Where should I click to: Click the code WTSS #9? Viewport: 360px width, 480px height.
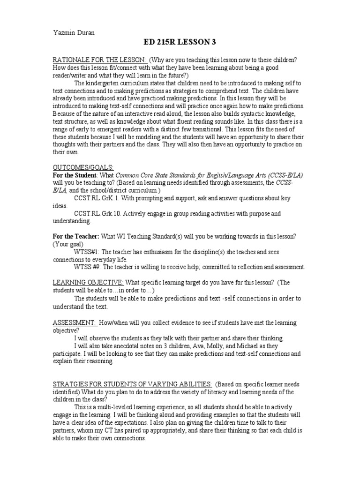tap(87, 267)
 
